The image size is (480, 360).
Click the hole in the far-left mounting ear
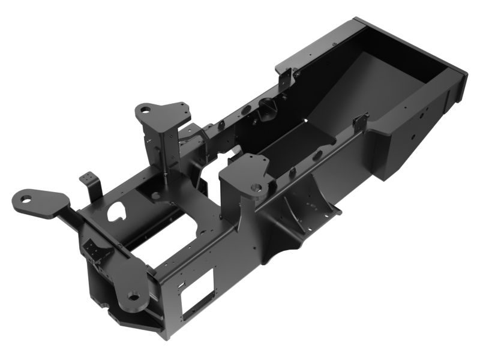tap(26, 198)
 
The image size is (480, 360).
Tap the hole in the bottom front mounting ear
tap(133, 296)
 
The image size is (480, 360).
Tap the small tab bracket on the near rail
tap(360, 123)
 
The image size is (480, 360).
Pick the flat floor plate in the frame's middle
tap(300, 144)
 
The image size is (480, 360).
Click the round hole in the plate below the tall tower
tap(155, 195)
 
